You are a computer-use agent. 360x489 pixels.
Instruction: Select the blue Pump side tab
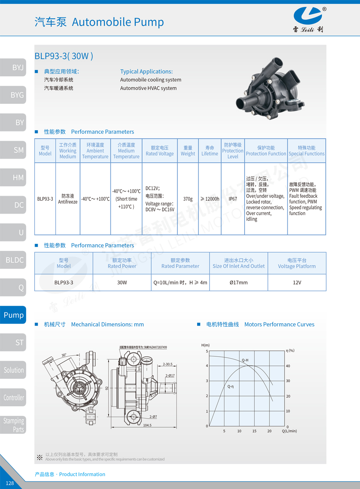pos(13,315)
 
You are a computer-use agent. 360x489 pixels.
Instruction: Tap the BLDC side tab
pos(13,260)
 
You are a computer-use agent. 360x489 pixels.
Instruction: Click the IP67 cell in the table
pos(232,199)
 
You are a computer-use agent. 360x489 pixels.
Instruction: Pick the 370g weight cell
pos(188,199)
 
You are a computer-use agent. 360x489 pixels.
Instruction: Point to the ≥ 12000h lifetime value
pos(210,199)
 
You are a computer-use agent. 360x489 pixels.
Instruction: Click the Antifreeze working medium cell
pos(68,199)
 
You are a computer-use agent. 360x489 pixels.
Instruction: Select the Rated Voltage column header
pos(159,151)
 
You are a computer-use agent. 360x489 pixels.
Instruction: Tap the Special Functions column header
pos(307,151)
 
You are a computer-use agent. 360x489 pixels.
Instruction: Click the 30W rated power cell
pos(122,282)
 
